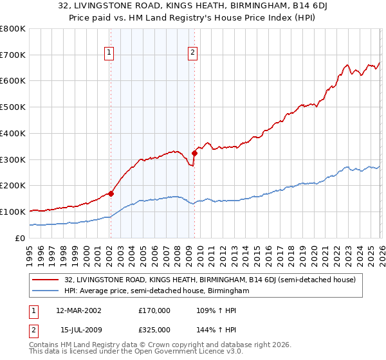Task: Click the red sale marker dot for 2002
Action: [x=111, y=193]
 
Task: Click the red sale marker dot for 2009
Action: [x=194, y=153]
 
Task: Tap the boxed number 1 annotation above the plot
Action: [x=109, y=53]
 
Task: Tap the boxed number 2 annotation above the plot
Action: [x=193, y=53]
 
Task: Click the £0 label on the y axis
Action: [x=19, y=238]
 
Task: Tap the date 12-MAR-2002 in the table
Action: [x=78, y=310]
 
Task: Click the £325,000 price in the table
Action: [x=154, y=329]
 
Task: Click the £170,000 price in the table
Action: [x=154, y=310]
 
